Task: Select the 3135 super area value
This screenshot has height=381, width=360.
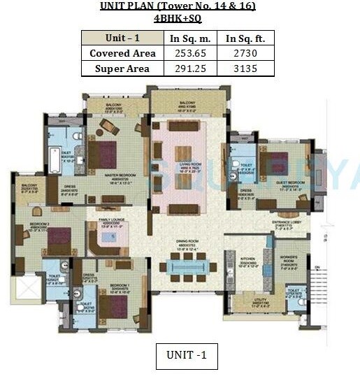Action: (245, 69)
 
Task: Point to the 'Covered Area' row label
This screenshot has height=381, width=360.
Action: (122, 53)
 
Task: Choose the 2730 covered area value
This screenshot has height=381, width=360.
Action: (245, 53)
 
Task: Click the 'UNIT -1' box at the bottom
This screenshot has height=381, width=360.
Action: (187, 356)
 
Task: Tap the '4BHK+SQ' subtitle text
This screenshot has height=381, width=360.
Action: (178, 20)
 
